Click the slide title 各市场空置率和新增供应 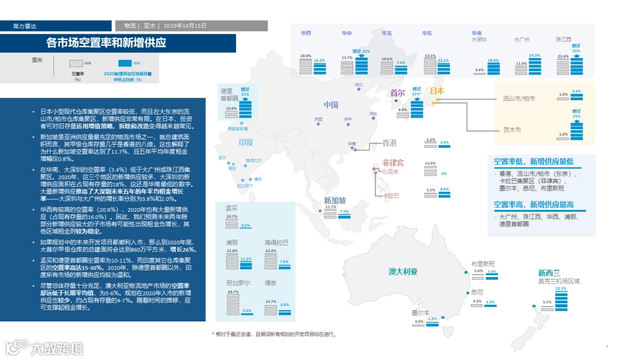pyautogui.click(x=106, y=43)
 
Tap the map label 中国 pyautogui.click(x=331, y=105)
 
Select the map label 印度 pyautogui.click(x=246, y=142)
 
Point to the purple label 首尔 pyautogui.click(x=397, y=93)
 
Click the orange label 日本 pyautogui.click(x=436, y=91)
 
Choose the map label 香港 pyautogui.click(x=389, y=143)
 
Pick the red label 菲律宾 pyautogui.click(x=392, y=163)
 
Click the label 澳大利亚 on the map pyautogui.click(x=403, y=272)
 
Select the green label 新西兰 pyautogui.click(x=550, y=273)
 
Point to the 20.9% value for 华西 pyautogui.click(x=306, y=56)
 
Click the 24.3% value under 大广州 pyautogui.click(x=534, y=55)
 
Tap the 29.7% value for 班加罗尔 pyautogui.click(x=233, y=292)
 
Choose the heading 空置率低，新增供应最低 pyautogui.click(x=534, y=161)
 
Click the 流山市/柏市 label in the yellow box pyautogui.click(x=519, y=98)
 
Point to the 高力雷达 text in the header pyautogui.click(x=25, y=26)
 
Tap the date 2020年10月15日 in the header pyautogui.click(x=185, y=26)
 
